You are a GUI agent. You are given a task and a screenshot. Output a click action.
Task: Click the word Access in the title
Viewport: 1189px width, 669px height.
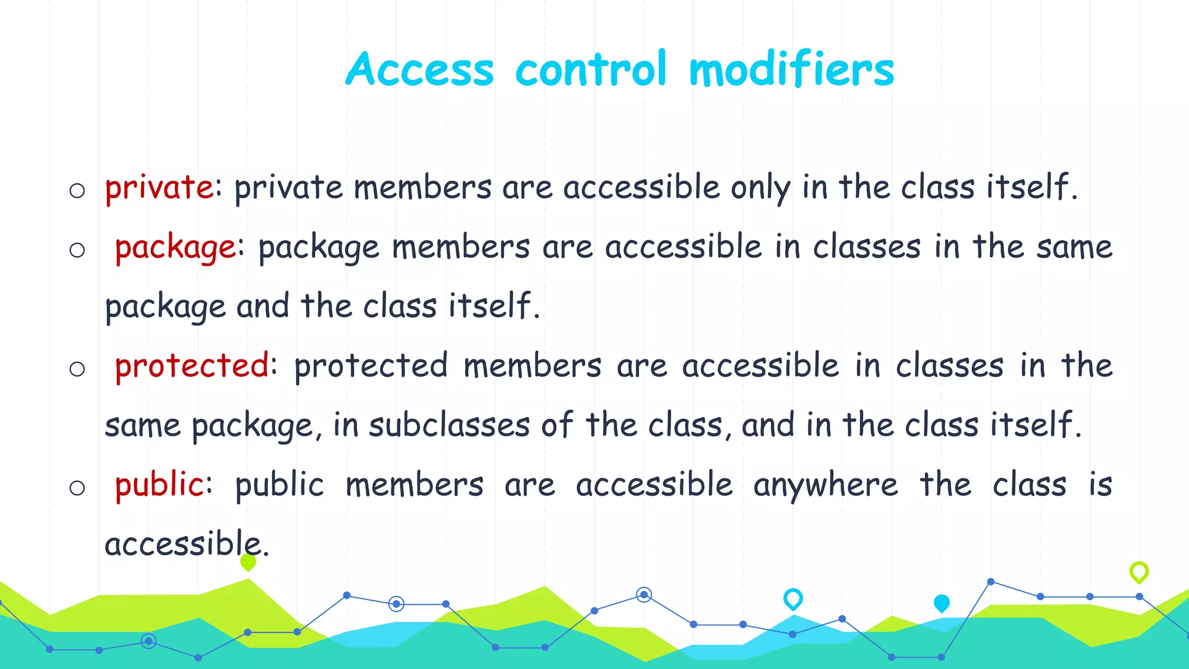pyautogui.click(x=420, y=69)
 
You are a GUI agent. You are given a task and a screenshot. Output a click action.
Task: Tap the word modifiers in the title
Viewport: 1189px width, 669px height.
pyautogui.click(x=791, y=69)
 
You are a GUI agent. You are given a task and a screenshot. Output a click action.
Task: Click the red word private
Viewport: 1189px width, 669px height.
pyautogui.click(x=159, y=188)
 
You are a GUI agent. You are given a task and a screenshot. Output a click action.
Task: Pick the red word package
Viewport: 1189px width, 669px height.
pyautogui.click(x=175, y=247)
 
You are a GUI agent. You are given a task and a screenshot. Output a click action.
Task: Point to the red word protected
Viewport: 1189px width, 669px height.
pyautogui.click(x=192, y=366)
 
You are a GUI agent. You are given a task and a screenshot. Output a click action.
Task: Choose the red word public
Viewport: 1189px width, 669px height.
pyautogui.click(x=159, y=485)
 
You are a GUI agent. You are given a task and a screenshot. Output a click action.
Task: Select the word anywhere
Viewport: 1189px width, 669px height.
pyautogui.click(x=825, y=485)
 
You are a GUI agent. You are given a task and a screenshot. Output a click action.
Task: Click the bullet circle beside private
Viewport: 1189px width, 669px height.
pyautogui.click(x=77, y=190)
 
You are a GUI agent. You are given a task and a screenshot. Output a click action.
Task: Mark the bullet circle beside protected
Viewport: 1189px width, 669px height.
pyautogui.click(x=77, y=369)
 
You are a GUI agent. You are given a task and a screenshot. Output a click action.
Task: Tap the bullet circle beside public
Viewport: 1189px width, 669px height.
pyautogui.click(x=77, y=488)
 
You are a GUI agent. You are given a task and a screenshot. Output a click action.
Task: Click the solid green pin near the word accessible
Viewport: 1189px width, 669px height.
pyautogui.click(x=248, y=562)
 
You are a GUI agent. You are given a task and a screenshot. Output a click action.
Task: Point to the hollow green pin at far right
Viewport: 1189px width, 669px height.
pyautogui.click(x=1139, y=571)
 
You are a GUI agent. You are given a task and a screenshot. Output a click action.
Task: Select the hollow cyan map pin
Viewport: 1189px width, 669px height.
pyautogui.click(x=793, y=598)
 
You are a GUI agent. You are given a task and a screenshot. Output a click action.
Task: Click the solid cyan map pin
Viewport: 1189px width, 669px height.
pyautogui.click(x=942, y=603)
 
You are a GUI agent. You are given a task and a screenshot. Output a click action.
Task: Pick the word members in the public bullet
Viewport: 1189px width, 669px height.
pyautogui.click(x=415, y=485)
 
